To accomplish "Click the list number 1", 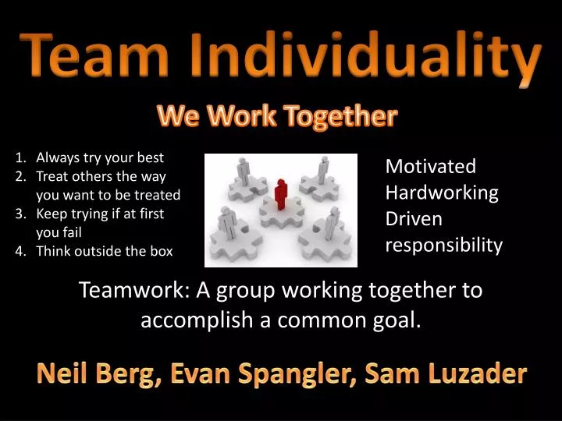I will click(20, 157).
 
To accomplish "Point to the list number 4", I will click(20, 251).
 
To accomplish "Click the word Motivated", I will click(431, 166).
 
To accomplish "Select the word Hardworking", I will click(442, 193).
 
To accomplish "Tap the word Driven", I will click(414, 219).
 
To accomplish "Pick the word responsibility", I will click(444, 246).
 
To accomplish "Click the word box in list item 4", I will click(160, 251).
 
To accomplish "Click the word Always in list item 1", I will click(56, 157).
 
